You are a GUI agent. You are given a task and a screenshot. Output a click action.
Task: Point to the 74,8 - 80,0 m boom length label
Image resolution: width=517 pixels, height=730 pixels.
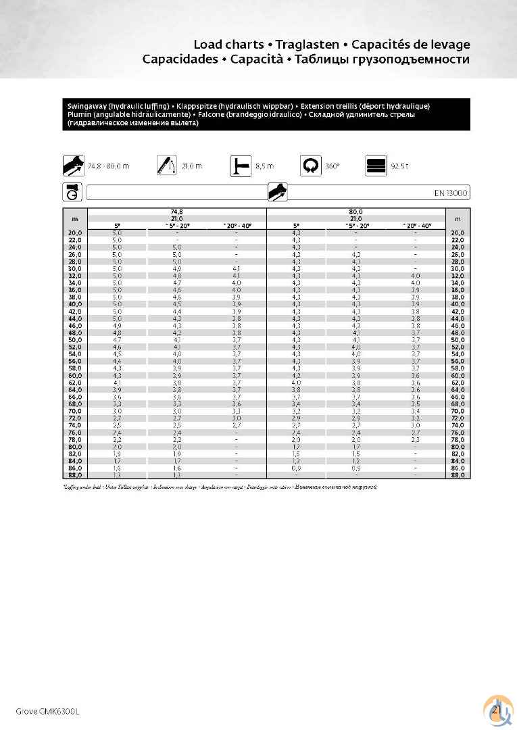[x=108, y=166]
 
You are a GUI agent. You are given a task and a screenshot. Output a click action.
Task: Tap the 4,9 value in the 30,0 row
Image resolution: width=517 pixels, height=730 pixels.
[x=176, y=268]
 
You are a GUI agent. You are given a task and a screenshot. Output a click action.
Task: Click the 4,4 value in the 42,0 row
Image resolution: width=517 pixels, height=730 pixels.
[x=176, y=311]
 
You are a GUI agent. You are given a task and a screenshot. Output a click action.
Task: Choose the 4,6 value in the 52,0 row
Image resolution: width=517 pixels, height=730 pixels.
[x=117, y=347]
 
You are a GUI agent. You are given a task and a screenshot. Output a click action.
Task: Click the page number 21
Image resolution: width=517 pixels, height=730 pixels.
[x=495, y=710]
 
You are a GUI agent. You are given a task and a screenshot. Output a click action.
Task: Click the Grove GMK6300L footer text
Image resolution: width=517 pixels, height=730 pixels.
[x=47, y=711]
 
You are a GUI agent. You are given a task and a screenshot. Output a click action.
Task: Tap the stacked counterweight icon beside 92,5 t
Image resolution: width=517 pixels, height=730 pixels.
[x=376, y=166]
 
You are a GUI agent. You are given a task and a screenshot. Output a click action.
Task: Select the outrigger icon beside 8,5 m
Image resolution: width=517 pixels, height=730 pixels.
[x=239, y=166]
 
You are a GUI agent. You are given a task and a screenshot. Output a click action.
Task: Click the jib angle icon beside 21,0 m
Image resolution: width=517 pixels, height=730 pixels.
[x=166, y=166]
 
